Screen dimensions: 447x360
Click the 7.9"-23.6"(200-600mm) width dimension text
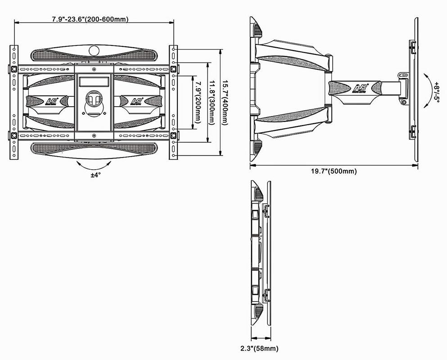pyautogui.click(x=90, y=19)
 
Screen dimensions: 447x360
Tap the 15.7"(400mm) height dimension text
pyautogui.click(x=225, y=103)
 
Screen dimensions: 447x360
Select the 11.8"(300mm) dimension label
pyautogui.click(x=211, y=103)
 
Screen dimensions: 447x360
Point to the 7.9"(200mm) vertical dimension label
pyautogui.click(x=198, y=103)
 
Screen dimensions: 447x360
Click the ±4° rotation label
pyautogui.click(x=96, y=175)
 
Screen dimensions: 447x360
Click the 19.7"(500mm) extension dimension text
pyautogui.click(x=334, y=171)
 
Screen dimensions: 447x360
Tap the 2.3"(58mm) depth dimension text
pyautogui.click(x=259, y=348)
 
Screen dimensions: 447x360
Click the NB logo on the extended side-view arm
pyautogui.click(x=361, y=88)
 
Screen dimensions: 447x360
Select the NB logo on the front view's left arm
pyautogui.click(x=51, y=101)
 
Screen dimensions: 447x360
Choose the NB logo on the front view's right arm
pyautogui.click(x=137, y=101)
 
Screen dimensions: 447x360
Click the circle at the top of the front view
pyautogui.click(x=94, y=51)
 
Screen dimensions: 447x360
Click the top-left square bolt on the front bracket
pyautogui.click(x=14, y=69)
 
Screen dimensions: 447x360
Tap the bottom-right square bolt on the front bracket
pyautogui.click(x=173, y=135)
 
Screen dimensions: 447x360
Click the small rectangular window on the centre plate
pyautogui.click(x=94, y=82)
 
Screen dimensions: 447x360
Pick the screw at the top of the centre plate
pyautogui.click(x=94, y=69)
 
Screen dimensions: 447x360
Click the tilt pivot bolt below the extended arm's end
pyautogui.click(x=403, y=102)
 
